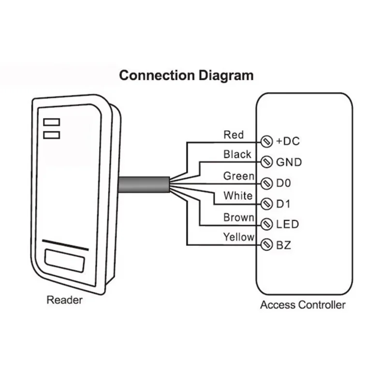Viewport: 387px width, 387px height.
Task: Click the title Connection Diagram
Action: [x=186, y=76]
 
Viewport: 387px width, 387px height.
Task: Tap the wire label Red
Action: [x=234, y=134]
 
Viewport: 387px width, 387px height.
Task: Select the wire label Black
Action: [x=237, y=154]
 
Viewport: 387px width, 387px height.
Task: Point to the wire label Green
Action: [x=238, y=176]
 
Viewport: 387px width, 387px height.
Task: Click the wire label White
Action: [x=238, y=196]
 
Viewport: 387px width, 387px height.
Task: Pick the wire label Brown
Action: [x=238, y=218]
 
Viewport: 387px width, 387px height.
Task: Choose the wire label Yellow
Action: [x=238, y=237]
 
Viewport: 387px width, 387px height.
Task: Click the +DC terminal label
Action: [x=288, y=141]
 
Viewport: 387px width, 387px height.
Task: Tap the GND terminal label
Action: [x=289, y=162]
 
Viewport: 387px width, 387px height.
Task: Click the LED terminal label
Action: [x=287, y=224]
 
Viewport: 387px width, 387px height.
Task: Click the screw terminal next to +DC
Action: [x=266, y=141]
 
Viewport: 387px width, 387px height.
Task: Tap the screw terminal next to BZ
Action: [x=266, y=245]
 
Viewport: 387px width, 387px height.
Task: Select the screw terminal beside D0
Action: [x=266, y=183]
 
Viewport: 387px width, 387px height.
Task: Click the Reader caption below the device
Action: [x=64, y=300]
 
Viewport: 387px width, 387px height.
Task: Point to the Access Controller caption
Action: [x=303, y=305]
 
